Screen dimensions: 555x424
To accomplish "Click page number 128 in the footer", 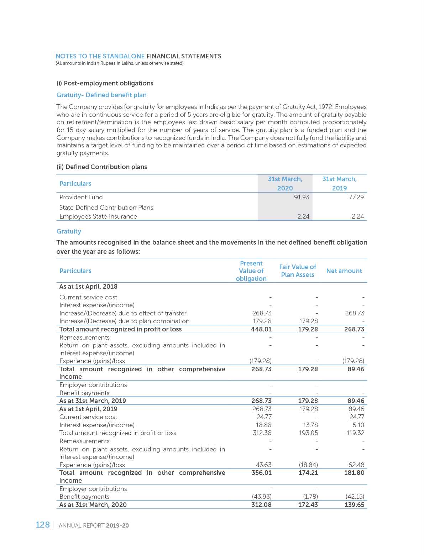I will (x=42, y=525).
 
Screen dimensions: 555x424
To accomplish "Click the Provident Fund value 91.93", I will (x=302, y=197).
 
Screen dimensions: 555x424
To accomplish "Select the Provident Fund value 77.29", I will (x=356, y=197).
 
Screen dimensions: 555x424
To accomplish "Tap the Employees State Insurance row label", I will (x=98, y=216).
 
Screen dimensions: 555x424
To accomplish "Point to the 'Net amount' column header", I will (x=344, y=271).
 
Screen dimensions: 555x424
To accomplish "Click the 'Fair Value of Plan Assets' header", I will (x=298, y=271).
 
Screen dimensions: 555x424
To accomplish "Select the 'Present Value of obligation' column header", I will (x=251, y=271).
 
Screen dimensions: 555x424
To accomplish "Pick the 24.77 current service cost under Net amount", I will (x=357, y=417).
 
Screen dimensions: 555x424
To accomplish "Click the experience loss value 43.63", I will (x=264, y=465).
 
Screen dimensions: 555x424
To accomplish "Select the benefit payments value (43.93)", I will (x=262, y=497).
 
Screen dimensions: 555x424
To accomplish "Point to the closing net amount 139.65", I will (x=355, y=505).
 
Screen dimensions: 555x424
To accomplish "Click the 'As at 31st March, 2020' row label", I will (x=93, y=505).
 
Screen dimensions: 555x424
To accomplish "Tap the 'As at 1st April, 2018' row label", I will (x=88, y=287).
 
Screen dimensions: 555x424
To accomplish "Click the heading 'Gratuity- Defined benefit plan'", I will (x=101, y=95).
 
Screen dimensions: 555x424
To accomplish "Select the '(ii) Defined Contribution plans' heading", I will (x=102, y=167).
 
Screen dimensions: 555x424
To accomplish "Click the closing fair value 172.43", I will (x=308, y=505).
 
